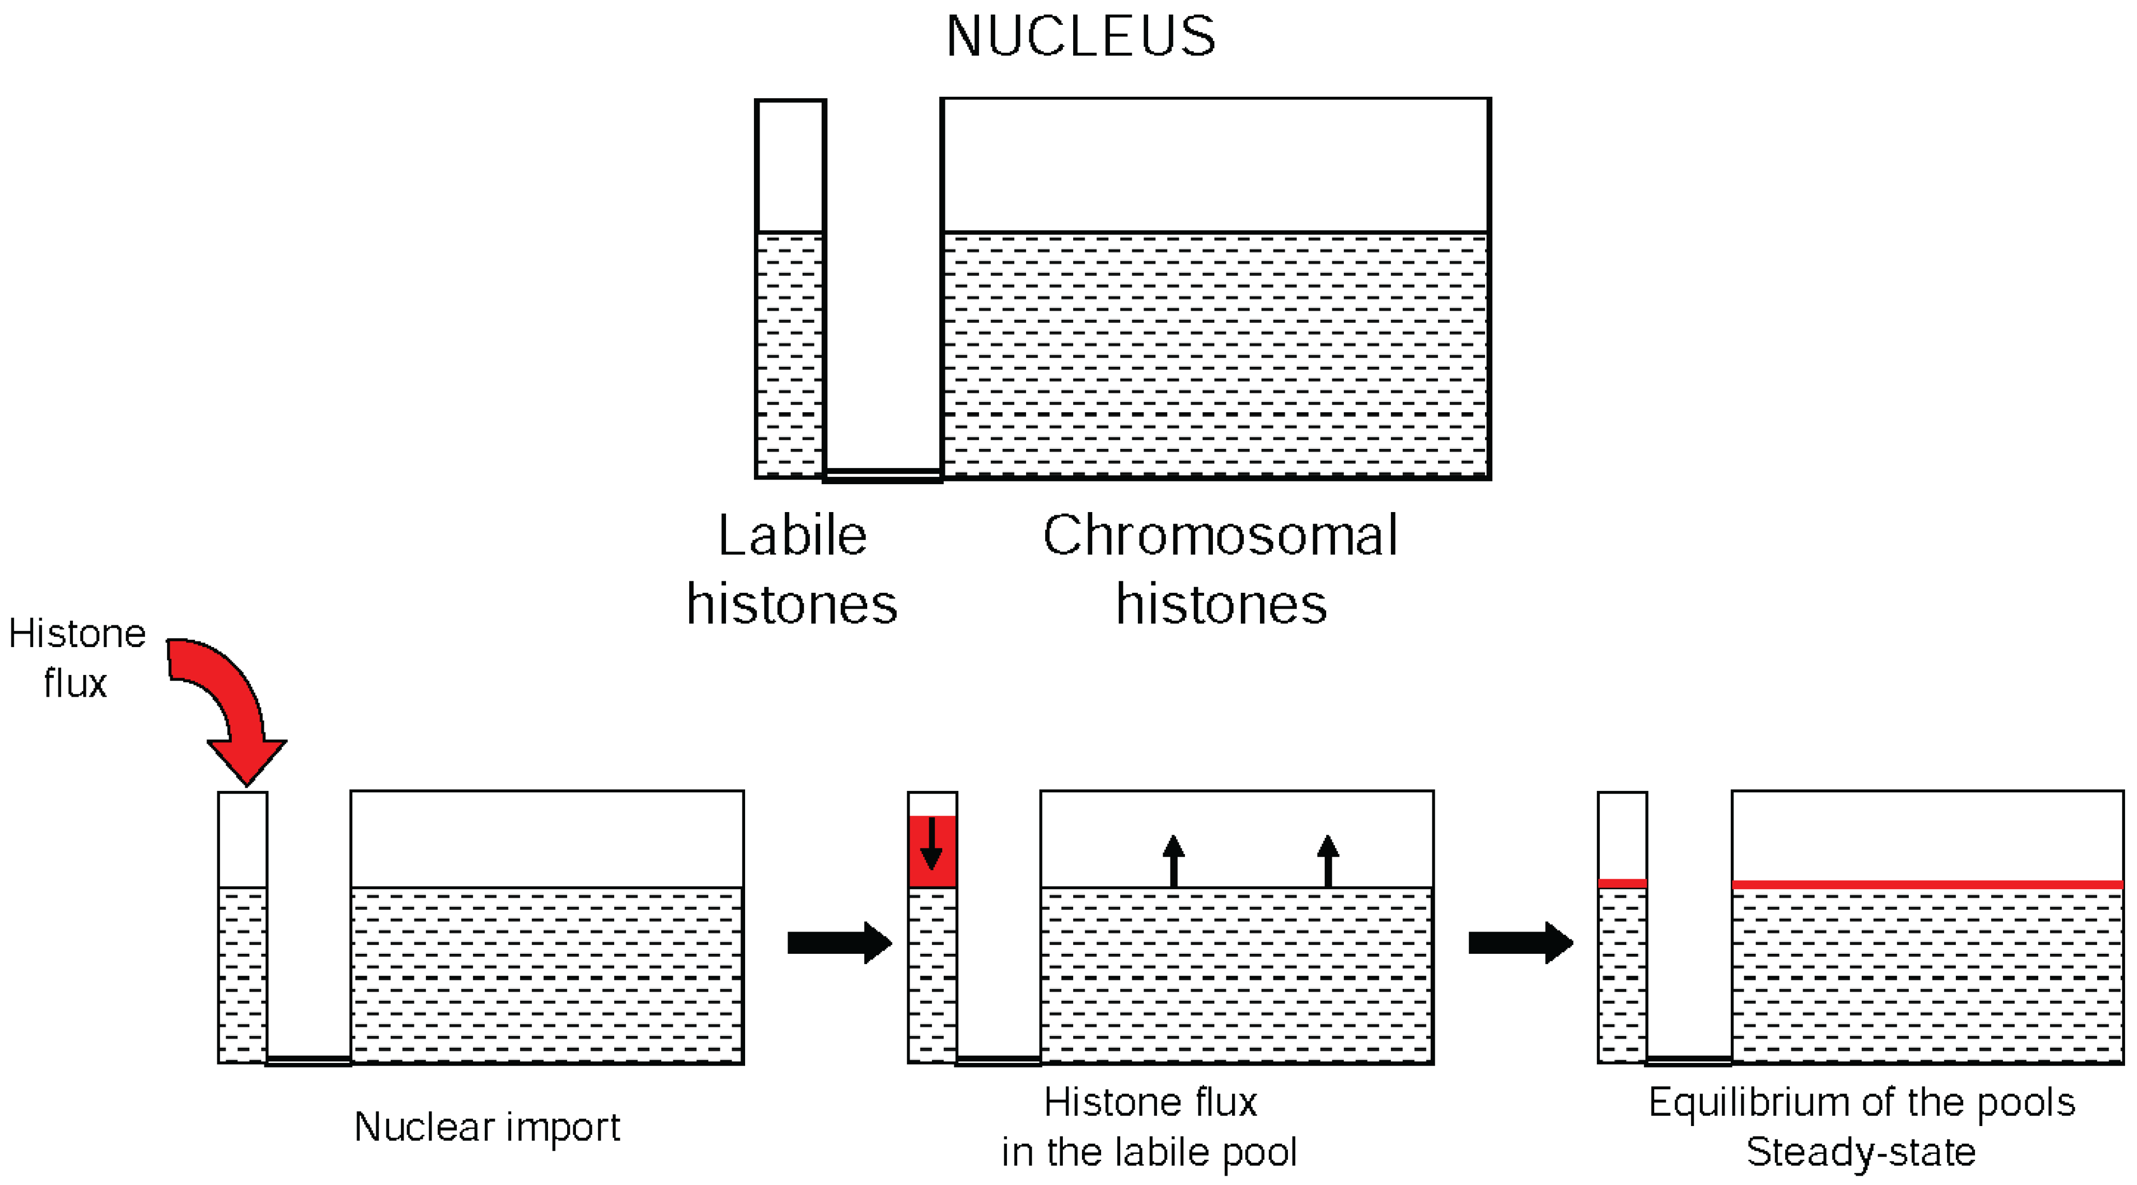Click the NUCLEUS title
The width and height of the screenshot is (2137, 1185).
coord(1080,37)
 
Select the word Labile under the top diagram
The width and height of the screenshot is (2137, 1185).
coord(792,536)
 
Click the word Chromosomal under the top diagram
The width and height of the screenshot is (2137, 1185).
coord(1220,536)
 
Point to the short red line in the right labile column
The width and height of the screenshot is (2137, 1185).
coord(1622,883)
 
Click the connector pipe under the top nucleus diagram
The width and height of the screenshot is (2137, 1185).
coord(883,475)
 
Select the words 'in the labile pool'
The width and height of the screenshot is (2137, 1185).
coord(1149,1152)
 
